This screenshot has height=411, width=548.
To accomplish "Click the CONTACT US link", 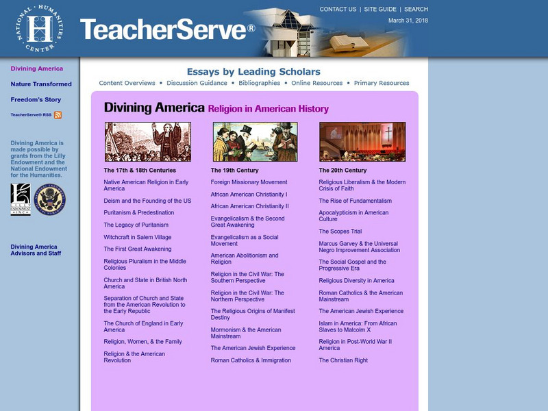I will click(x=338, y=10).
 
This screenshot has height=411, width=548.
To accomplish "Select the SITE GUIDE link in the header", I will click(x=380, y=10).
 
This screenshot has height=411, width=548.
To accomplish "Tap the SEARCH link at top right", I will click(x=416, y=10).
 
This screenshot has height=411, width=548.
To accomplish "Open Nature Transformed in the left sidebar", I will click(x=41, y=84).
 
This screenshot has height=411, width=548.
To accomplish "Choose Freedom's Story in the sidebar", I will click(x=36, y=100).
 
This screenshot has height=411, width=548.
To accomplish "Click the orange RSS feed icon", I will click(x=58, y=115).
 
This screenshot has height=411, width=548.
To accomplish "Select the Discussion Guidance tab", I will click(x=197, y=83).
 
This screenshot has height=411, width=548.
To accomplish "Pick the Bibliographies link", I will click(x=260, y=83).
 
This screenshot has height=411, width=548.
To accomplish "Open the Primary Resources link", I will click(x=382, y=83).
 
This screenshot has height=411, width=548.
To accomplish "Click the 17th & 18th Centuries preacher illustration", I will click(x=147, y=142).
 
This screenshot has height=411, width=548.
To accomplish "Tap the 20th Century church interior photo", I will click(x=362, y=142).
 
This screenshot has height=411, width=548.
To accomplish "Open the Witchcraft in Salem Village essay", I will click(x=138, y=237).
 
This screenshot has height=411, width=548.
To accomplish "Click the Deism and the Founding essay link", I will click(x=147, y=201).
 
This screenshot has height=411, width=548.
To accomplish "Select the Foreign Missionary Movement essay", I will click(x=249, y=182).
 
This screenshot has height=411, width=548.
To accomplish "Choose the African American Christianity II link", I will click(x=250, y=206).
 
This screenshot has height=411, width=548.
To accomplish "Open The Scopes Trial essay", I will click(x=340, y=232).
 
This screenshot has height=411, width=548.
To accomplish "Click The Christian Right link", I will click(x=343, y=360).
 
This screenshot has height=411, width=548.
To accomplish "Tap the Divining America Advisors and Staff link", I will click(x=36, y=250).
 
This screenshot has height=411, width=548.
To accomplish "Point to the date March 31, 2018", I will click(x=408, y=21).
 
